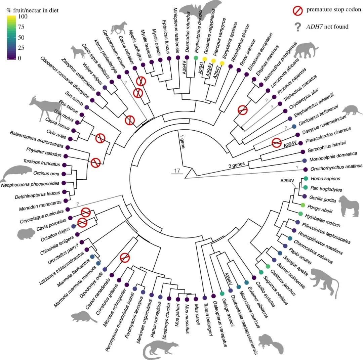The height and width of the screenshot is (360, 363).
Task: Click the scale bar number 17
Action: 177,171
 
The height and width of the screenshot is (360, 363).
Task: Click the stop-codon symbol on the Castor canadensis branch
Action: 125,258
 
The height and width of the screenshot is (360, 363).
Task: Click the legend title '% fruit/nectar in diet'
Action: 32,10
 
